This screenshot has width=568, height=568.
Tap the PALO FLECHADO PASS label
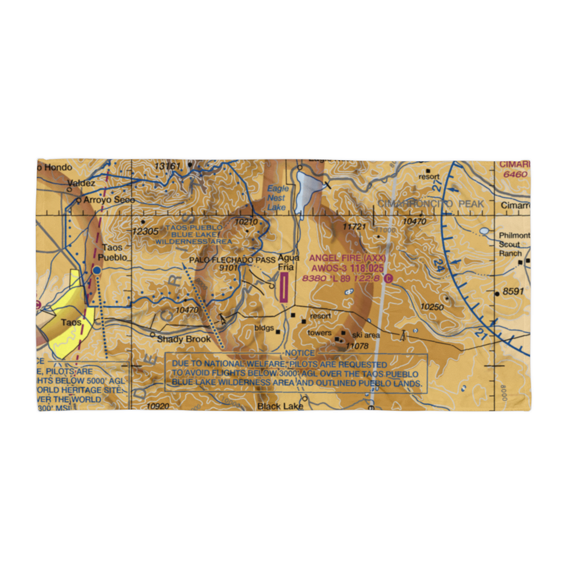point(233,260)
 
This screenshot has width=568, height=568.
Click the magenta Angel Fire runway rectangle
point(283,287)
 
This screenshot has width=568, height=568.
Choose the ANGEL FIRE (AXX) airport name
point(347,258)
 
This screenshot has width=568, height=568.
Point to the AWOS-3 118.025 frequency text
point(347,268)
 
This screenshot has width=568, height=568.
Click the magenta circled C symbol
point(388,278)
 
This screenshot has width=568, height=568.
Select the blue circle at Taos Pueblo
point(97,270)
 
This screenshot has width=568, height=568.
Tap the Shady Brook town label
point(184,339)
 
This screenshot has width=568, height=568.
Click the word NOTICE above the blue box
point(300,353)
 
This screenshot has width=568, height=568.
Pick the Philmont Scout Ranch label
point(513,244)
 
